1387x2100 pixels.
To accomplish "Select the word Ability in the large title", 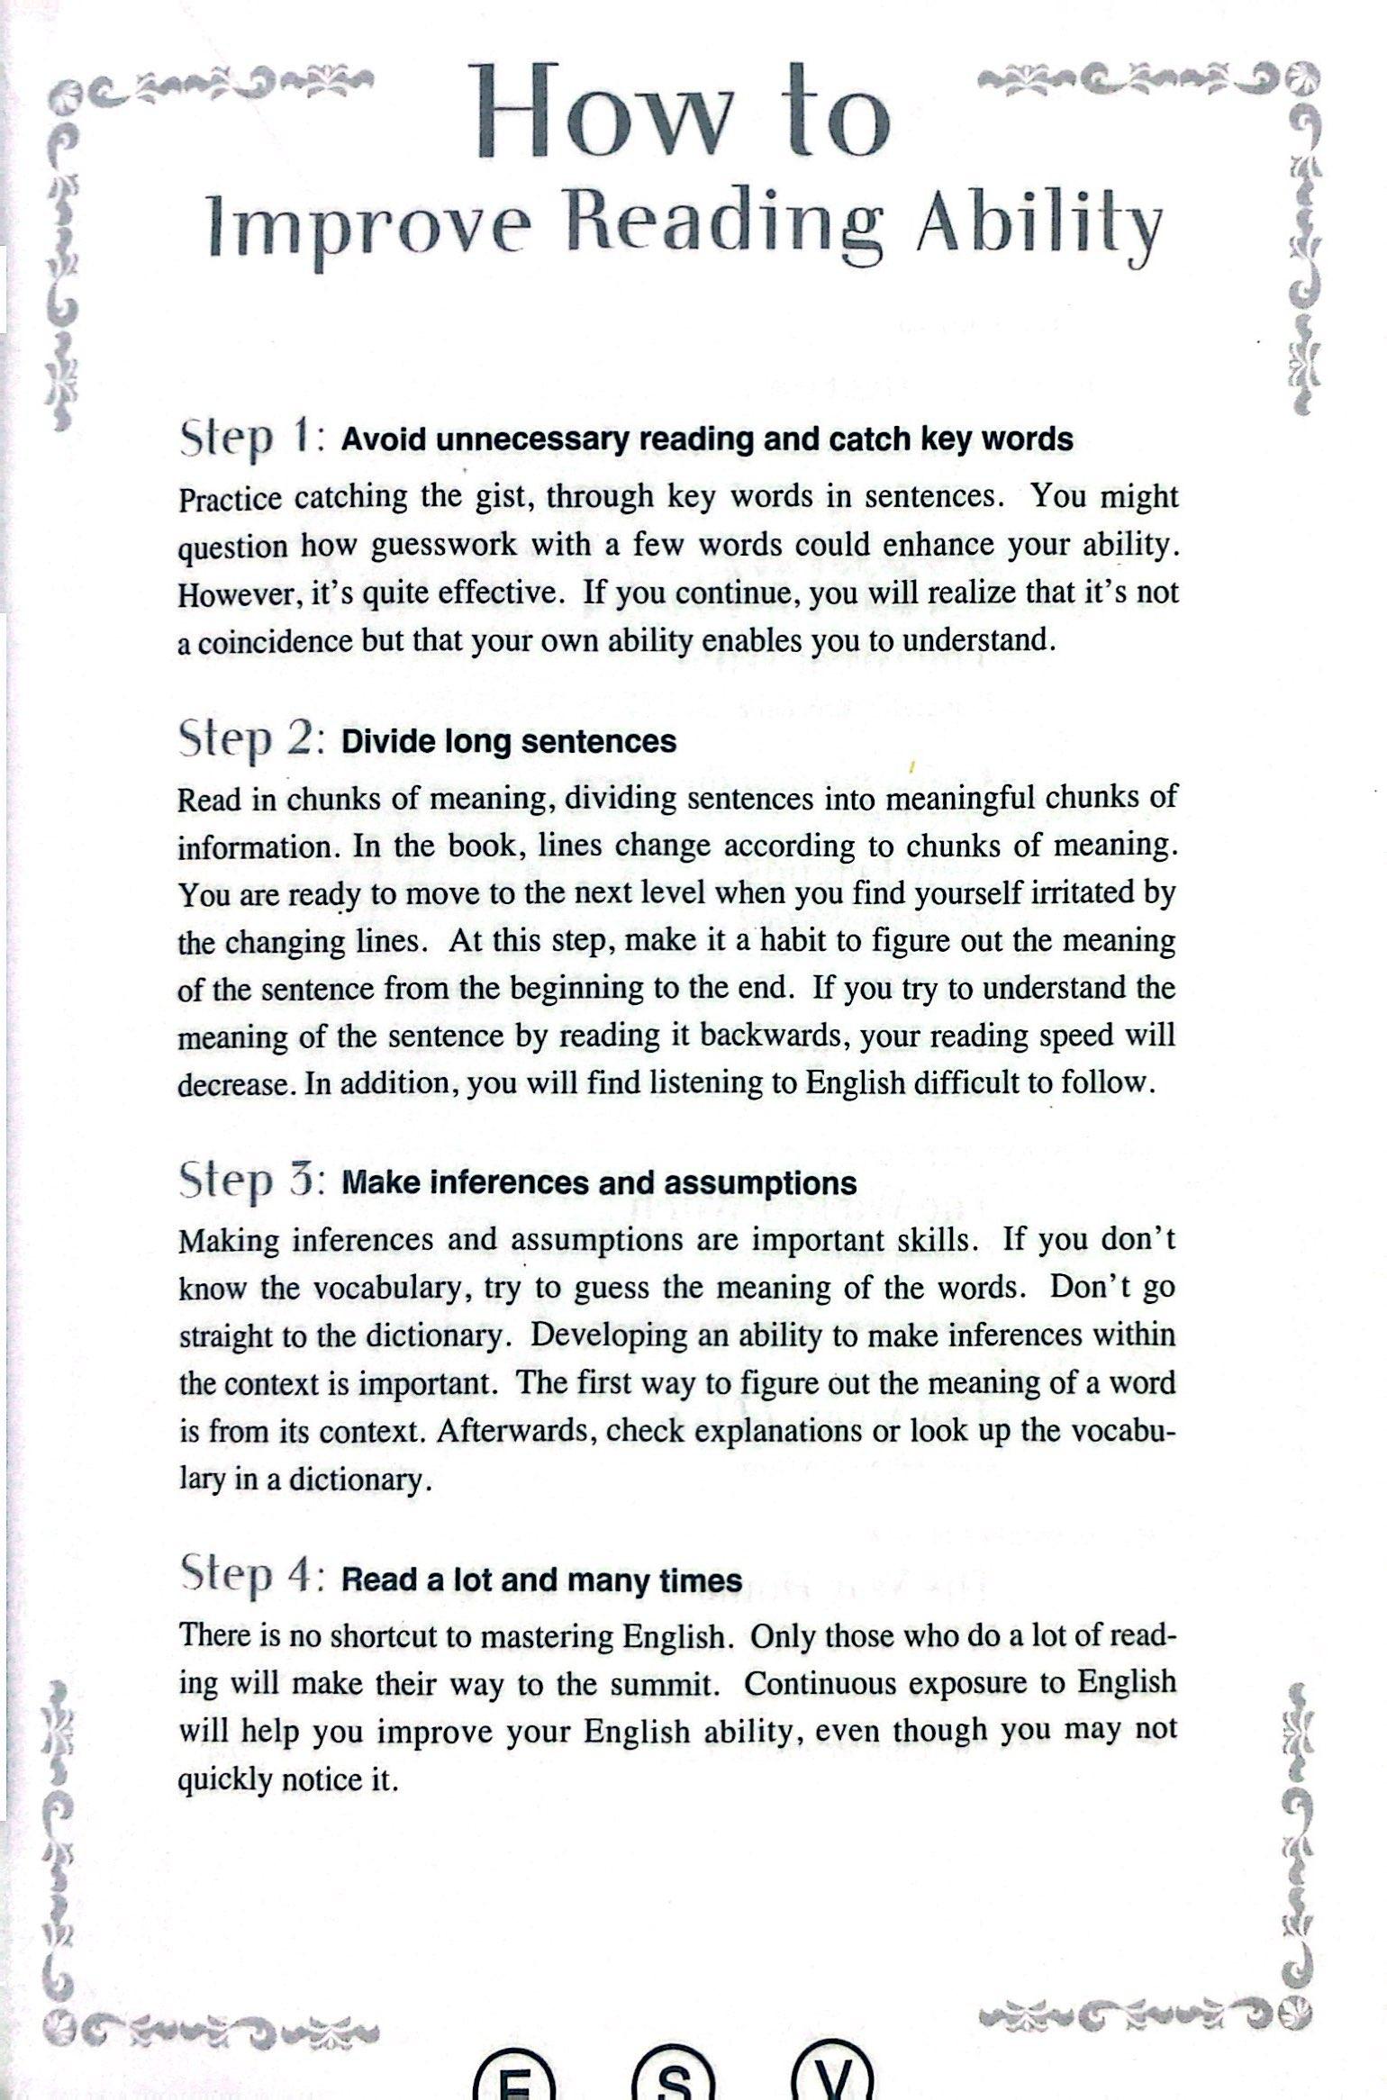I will click(x=1038, y=224).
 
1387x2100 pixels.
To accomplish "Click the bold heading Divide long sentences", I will click(x=509, y=741).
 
